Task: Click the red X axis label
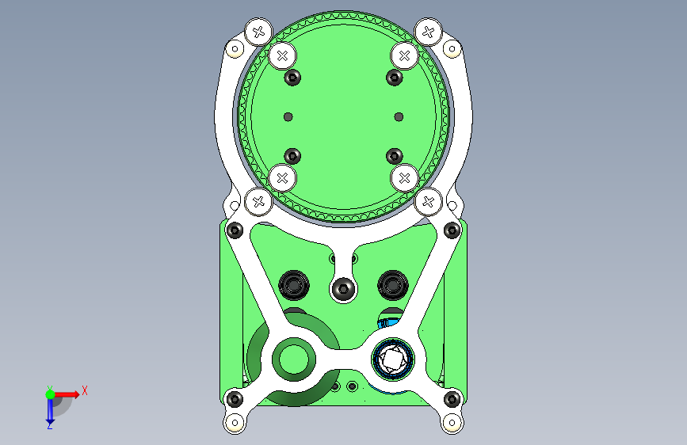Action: [85, 390]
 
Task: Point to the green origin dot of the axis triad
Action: [51, 394]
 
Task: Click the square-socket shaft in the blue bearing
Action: [392, 359]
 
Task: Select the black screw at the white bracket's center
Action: [344, 289]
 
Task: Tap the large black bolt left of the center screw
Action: [294, 285]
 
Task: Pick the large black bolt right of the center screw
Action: [393, 285]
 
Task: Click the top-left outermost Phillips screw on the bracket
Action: [258, 32]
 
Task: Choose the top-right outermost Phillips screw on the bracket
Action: [429, 32]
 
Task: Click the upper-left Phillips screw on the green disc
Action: [283, 55]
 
